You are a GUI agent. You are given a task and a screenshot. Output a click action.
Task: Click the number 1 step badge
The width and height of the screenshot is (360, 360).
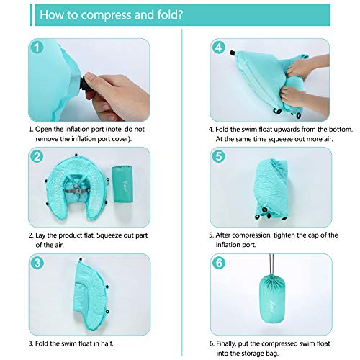(x=37, y=48)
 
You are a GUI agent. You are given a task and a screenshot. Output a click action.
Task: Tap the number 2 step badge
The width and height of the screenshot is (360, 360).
(x=37, y=156)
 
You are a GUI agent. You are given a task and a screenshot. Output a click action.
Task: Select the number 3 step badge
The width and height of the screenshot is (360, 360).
(x=37, y=263)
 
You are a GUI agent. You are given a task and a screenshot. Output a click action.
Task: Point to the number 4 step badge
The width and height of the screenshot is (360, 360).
(x=219, y=48)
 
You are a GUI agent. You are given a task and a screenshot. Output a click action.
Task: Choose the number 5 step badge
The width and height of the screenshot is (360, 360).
(x=219, y=156)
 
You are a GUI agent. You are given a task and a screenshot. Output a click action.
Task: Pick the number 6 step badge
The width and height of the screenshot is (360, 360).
(x=219, y=263)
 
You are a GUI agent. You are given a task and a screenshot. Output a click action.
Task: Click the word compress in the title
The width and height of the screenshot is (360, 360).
(x=107, y=15)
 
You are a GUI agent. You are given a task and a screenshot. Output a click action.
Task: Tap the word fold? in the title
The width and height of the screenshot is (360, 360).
(x=170, y=14)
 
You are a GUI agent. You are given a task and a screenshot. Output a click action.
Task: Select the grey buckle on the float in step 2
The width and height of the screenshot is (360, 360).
(x=76, y=191)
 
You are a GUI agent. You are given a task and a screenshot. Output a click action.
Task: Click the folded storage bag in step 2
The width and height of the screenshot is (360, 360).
(x=122, y=184)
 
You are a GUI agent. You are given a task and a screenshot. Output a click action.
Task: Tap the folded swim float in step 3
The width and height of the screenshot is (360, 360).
(x=89, y=294)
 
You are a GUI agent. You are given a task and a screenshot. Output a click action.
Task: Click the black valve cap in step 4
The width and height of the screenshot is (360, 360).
(x=232, y=53)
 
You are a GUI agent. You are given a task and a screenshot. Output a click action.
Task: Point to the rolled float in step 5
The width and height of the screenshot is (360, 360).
(x=271, y=189)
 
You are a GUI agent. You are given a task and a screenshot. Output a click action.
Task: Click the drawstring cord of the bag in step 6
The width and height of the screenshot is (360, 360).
(x=271, y=264)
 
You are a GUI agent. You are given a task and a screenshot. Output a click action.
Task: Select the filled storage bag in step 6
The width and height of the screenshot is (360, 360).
(x=272, y=299)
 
